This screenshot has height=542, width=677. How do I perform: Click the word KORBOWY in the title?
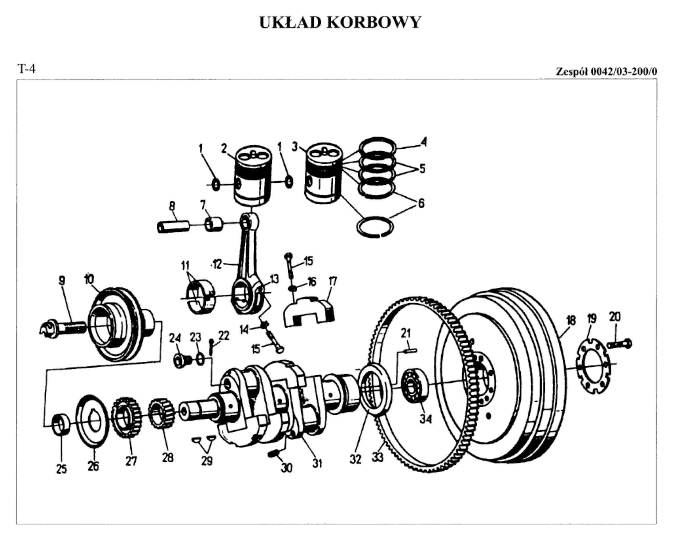point(374,22)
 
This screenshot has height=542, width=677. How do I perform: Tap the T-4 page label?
point(27,69)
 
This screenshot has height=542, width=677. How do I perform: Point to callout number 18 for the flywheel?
point(571,320)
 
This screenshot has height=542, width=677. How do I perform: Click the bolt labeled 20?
point(620,344)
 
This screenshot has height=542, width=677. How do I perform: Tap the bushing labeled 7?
point(214,224)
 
